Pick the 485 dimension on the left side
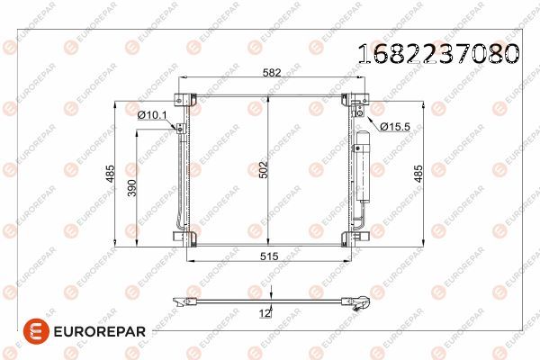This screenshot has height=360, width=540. (x=109, y=174)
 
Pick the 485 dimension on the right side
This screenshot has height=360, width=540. (x=418, y=174)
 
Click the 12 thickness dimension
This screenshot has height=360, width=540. (x=265, y=312)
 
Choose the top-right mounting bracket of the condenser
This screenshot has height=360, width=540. (x=358, y=100)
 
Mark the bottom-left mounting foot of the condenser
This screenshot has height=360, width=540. (x=187, y=238)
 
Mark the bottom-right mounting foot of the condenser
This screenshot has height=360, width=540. (x=352, y=238)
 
